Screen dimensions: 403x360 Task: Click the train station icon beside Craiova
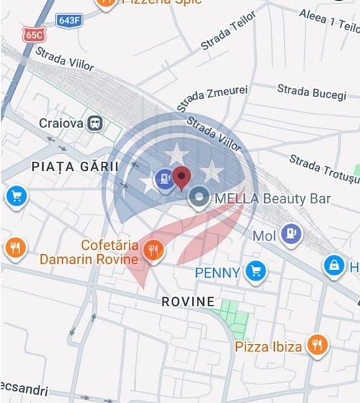click(94, 123)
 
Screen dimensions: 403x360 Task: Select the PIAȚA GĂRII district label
click(74, 166)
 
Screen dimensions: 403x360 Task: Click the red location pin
click(183, 176)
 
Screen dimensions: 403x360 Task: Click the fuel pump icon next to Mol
click(291, 232)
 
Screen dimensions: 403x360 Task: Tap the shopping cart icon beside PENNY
click(255, 271)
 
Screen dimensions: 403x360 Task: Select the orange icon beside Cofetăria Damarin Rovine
click(152, 251)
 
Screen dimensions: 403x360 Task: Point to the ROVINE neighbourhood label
click(188, 301)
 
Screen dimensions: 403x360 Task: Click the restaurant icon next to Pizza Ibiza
click(316, 346)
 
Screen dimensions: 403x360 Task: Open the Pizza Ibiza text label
click(268, 346)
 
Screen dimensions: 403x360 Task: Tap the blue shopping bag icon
click(334, 266)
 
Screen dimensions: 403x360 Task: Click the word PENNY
click(217, 273)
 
